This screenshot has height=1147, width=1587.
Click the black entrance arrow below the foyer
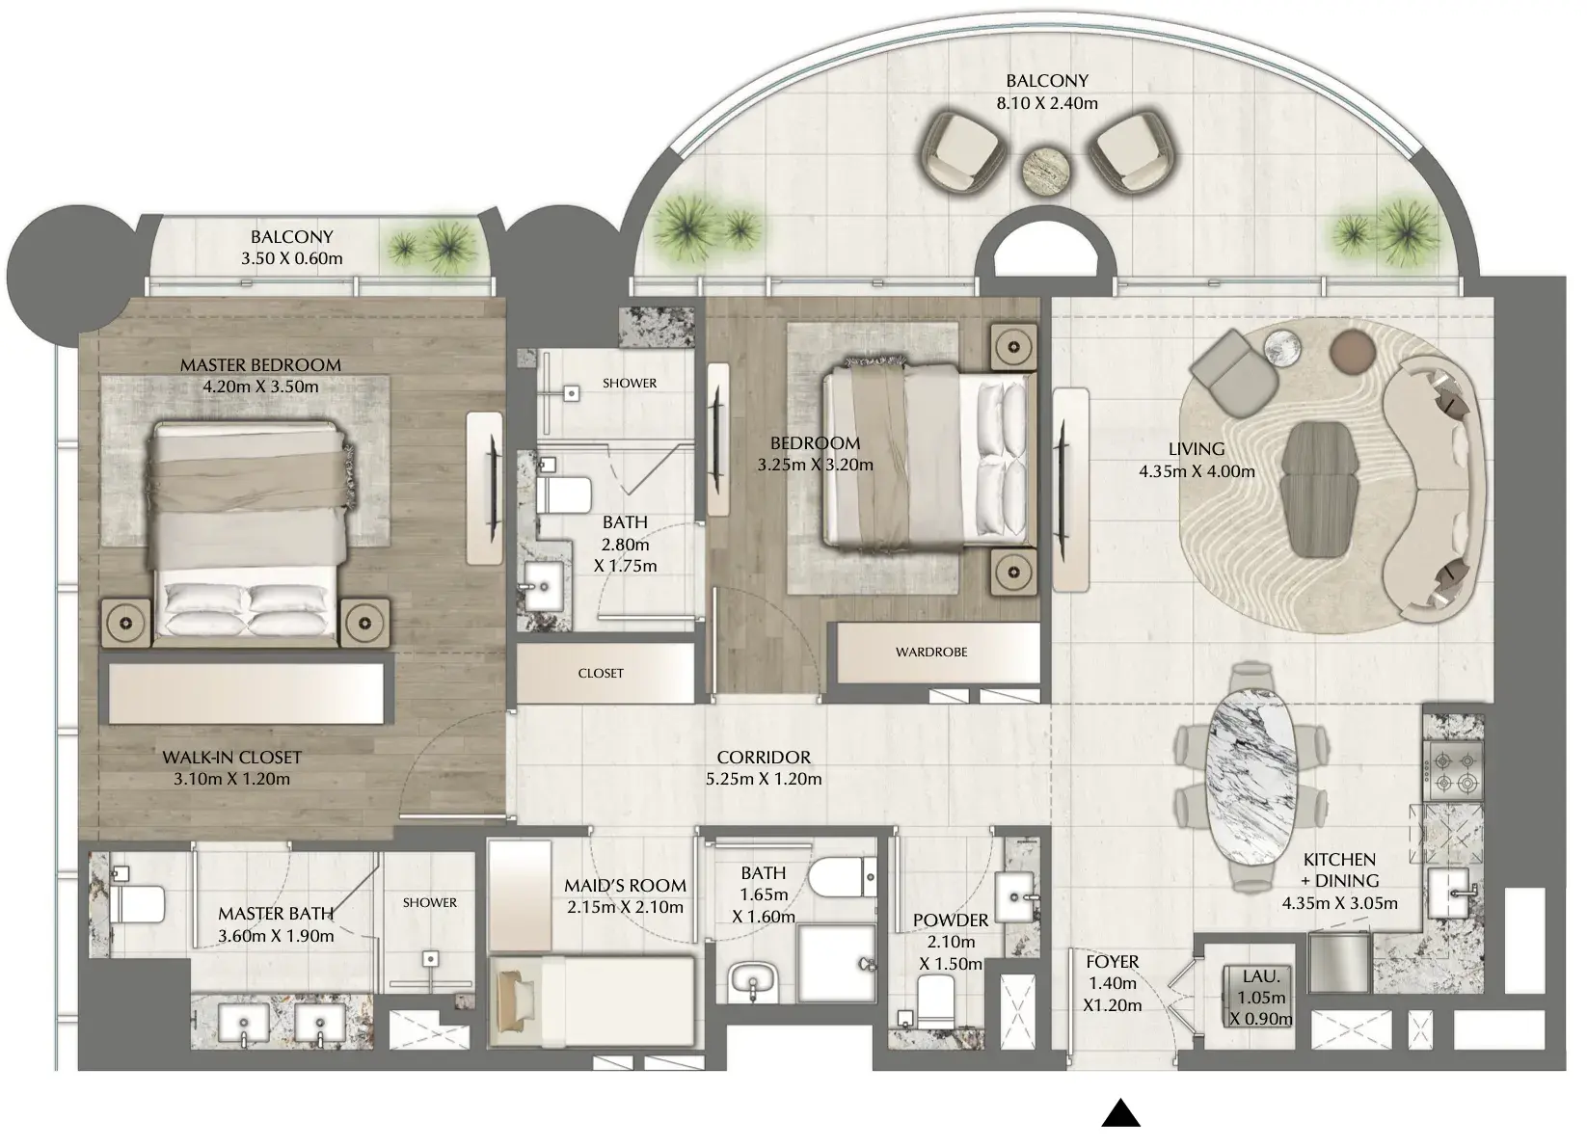point(1120,1113)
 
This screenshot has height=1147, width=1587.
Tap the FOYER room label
point(1113,962)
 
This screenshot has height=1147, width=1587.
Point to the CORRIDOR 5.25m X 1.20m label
point(764,768)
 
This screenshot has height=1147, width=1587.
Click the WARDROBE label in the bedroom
point(931,653)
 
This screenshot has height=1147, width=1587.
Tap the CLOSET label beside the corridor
point(601,674)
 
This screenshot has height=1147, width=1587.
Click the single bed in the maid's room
point(592,1000)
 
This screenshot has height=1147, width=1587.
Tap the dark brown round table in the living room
point(1353,352)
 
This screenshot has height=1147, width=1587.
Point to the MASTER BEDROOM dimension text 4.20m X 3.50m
point(260,387)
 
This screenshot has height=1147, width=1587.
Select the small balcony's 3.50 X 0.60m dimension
point(292,258)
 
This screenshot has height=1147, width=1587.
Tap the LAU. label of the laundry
point(1262,976)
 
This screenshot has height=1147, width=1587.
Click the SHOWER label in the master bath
point(429,902)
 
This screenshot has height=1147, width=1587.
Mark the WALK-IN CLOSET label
point(231,758)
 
